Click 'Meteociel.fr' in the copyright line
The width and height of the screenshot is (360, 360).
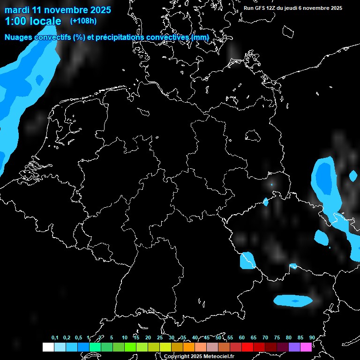(x=217, y=356)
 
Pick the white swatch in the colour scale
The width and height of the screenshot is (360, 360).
(x=48, y=347)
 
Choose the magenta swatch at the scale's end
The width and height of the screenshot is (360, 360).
(x=306, y=347)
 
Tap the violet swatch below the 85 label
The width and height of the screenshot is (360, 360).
(x=294, y=347)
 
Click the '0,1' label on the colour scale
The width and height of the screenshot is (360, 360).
(x=55, y=337)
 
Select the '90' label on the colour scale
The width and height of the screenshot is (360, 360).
(x=312, y=337)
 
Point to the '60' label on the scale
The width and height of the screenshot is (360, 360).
(x=241, y=337)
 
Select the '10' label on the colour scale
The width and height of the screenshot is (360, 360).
(x=124, y=337)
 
